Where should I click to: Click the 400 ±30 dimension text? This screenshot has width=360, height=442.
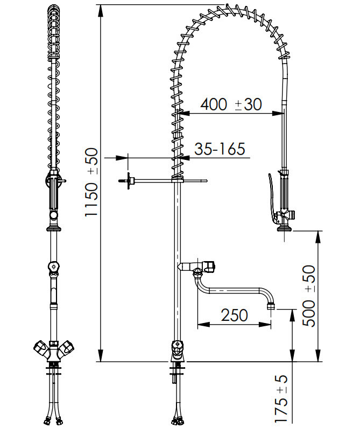click(x=231, y=104)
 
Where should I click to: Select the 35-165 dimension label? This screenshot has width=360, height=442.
click(x=220, y=149)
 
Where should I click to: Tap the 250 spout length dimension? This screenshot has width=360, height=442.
click(x=235, y=315)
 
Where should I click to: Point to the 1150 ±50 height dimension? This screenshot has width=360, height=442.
click(x=91, y=183)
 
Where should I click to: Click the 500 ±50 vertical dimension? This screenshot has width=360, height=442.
click(x=309, y=296)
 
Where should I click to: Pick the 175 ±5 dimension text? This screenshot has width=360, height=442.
click(x=281, y=399)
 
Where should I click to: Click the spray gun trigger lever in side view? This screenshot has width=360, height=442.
click(x=272, y=198)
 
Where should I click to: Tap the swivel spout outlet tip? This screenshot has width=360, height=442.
click(x=271, y=306)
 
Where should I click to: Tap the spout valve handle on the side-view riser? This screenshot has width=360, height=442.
click(x=209, y=266)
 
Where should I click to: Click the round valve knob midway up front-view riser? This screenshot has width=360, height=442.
click(x=53, y=266)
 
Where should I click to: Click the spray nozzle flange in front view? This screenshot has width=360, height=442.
click(x=53, y=228)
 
